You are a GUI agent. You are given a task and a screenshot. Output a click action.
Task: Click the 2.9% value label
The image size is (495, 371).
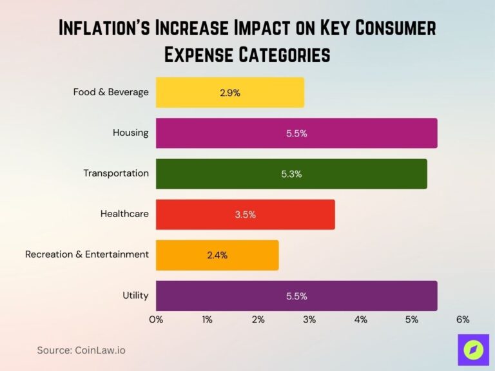(x=229, y=93)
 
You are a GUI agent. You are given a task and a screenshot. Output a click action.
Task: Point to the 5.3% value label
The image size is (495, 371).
(x=291, y=174)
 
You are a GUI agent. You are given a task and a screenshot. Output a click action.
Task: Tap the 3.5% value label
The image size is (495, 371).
(x=245, y=214)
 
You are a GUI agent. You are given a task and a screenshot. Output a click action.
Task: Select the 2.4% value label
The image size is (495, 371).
(x=217, y=255)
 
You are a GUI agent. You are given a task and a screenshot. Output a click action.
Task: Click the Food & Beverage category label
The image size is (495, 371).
(x=111, y=92)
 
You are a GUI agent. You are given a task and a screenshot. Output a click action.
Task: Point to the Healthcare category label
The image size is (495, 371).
(x=124, y=214)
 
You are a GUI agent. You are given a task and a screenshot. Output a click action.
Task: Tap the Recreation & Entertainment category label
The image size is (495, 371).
(x=87, y=254)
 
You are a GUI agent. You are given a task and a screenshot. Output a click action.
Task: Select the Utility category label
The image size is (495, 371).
(x=135, y=296)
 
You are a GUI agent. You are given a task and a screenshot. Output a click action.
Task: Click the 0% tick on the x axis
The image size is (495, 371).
(x=156, y=319)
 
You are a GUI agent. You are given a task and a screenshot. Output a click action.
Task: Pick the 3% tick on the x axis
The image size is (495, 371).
(x=309, y=319)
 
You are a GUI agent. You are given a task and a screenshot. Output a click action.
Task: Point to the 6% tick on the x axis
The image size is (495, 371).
(x=462, y=319)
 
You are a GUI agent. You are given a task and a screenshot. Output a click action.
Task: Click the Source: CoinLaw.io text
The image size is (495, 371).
(x=81, y=350)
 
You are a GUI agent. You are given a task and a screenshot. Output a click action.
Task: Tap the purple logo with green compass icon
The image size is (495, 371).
(x=473, y=350)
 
